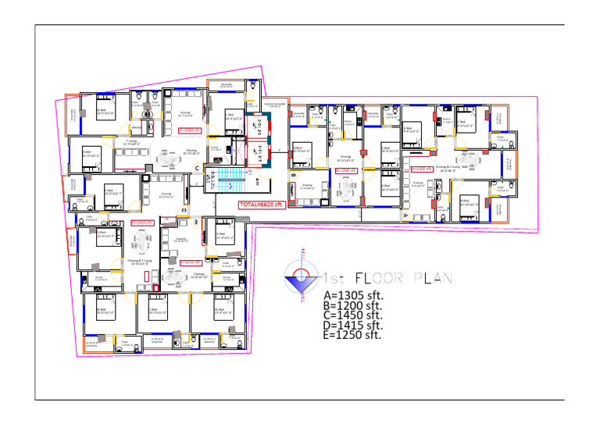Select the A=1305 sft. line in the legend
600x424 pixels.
point(352,295)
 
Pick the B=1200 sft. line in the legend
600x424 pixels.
point(352,306)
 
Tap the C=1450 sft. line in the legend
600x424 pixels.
point(352,315)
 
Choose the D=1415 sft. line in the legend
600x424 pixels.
point(352,325)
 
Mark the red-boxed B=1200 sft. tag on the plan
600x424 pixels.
point(345,169)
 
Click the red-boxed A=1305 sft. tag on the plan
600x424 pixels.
point(422,168)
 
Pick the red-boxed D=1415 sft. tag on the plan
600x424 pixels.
point(141,223)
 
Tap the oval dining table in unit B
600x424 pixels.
point(345,190)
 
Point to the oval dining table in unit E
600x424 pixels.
point(171,275)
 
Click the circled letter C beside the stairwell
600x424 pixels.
point(197,168)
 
